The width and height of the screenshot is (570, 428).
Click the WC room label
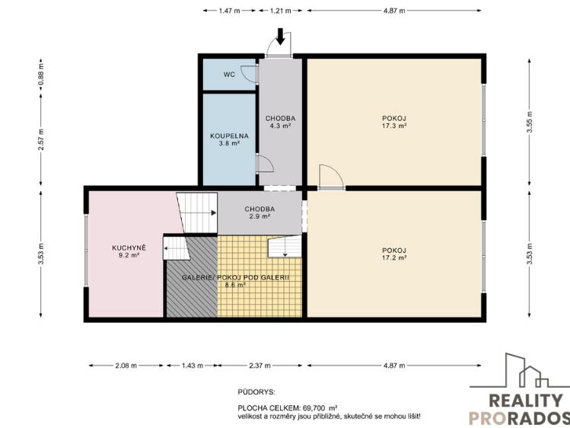[229, 75]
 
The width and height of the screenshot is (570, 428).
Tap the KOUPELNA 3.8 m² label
[229, 139]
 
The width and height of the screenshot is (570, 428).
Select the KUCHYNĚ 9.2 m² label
[129, 251]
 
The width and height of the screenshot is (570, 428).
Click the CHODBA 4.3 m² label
[280, 122]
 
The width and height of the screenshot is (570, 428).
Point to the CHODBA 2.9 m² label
[260, 212]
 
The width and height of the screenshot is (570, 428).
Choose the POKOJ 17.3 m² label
[394, 122]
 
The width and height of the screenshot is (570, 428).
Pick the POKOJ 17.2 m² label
[394, 254]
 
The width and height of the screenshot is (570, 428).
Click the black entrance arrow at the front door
[280, 37]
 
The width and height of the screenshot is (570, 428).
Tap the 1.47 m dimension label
[229, 11]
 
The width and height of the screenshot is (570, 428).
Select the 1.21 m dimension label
[280, 11]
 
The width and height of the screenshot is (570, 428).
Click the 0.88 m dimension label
[41, 75]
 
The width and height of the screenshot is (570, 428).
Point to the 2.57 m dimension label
[41, 139]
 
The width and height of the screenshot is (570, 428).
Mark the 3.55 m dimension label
[530, 122]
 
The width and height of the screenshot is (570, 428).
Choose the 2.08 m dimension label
[126, 366]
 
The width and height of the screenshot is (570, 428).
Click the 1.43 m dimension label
[193, 366]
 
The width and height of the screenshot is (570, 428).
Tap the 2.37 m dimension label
[260, 366]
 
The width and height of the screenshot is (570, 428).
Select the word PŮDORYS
[256, 392]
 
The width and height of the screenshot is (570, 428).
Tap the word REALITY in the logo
[526, 401]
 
